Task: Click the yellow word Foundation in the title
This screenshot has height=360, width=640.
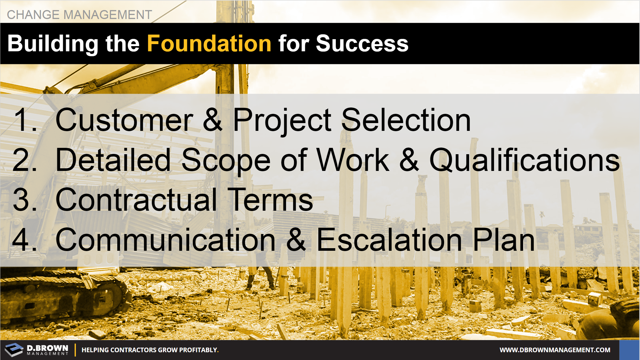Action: (209, 44)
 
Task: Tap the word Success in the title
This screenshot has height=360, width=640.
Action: (362, 44)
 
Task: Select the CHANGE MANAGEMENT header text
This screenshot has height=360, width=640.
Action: (79, 15)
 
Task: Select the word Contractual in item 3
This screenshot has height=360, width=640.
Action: (136, 200)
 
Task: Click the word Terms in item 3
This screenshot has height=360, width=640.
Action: (272, 200)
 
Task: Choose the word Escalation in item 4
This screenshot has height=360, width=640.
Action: (389, 240)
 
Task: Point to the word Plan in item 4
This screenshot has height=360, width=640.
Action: (504, 240)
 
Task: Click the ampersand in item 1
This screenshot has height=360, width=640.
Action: (213, 120)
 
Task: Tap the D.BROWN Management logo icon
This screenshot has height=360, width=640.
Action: (14, 350)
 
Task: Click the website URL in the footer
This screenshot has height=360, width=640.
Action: (555, 350)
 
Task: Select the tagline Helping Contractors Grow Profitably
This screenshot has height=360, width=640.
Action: (150, 350)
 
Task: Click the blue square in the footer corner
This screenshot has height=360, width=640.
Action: (629, 350)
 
